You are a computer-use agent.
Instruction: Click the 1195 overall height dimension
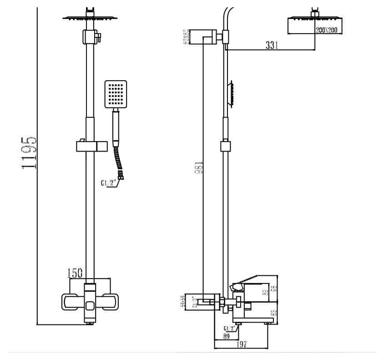pos(29,152)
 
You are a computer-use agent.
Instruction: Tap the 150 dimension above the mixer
pos(75,273)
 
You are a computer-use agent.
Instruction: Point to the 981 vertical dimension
pos(198,167)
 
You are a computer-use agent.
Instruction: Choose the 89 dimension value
pos(227,336)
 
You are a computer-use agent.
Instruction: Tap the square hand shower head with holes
pos(116,94)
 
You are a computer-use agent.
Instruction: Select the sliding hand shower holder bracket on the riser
pos(91,146)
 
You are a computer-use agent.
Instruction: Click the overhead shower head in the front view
pos(90,18)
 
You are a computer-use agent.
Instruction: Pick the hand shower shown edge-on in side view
pos(232,94)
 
